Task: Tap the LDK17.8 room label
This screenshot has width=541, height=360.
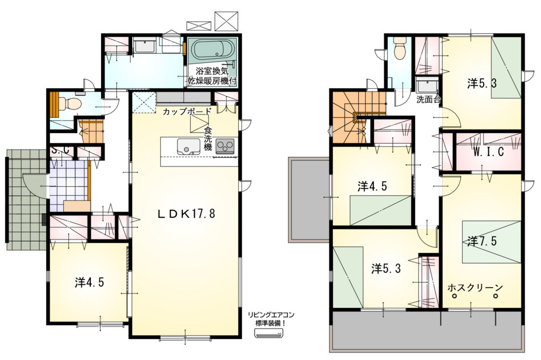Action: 186,214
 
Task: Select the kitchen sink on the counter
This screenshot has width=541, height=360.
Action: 189,146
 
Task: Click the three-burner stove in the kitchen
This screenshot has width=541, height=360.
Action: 225,146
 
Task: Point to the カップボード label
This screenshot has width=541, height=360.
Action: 186,112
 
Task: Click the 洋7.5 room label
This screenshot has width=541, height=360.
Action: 482,241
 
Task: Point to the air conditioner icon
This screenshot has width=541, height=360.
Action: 268,333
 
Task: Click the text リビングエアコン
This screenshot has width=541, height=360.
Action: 271,315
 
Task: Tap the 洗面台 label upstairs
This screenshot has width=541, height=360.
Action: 428,100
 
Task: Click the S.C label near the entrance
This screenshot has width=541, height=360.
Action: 61,151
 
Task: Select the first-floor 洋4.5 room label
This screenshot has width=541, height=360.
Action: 89,283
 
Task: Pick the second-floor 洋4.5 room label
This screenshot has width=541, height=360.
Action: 372,187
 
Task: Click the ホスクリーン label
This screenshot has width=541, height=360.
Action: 475,287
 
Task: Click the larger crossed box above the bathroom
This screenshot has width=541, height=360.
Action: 226,21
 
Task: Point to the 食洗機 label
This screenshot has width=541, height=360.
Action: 208,139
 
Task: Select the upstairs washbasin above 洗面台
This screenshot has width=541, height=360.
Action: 427,85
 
